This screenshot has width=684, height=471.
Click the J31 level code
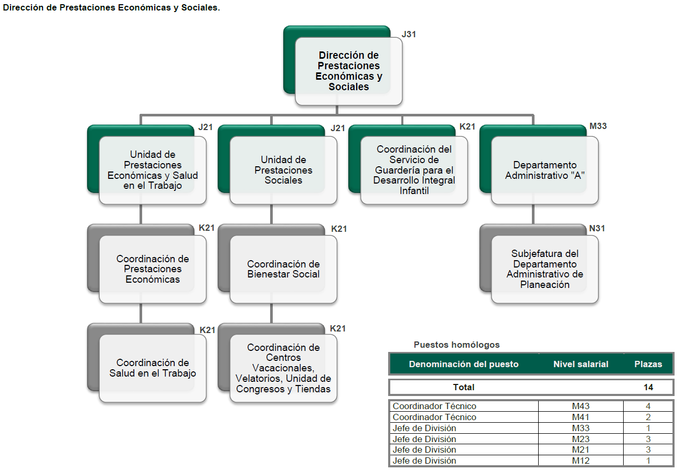click(409, 35)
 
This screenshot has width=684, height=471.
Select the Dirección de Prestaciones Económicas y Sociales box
click(348, 71)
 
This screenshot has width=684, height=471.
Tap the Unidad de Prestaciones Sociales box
click(283, 170)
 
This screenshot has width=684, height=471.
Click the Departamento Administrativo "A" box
click(545, 170)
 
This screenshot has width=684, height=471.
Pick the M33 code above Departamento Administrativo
click(598, 126)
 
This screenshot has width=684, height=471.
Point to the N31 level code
click(597, 229)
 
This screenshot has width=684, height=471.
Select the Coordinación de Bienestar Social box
click(283, 269)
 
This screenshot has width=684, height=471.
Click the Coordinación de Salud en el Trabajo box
click(153, 368)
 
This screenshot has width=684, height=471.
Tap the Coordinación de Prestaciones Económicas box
click(153, 269)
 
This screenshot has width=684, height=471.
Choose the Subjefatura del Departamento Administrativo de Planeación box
click(545, 269)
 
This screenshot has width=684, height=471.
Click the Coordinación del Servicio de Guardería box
click(414, 170)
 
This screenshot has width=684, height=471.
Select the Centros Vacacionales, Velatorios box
click(283, 368)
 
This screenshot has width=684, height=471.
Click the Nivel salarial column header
click(581, 364)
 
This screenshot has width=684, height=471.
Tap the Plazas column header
click(648, 364)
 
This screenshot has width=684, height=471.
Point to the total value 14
click(648, 387)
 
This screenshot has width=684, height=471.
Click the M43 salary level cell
click(581, 406)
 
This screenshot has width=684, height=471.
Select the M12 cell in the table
click(581, 461)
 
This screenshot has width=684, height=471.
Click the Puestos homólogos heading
click(456, 345)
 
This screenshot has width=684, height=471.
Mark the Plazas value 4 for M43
click(648, 406)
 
